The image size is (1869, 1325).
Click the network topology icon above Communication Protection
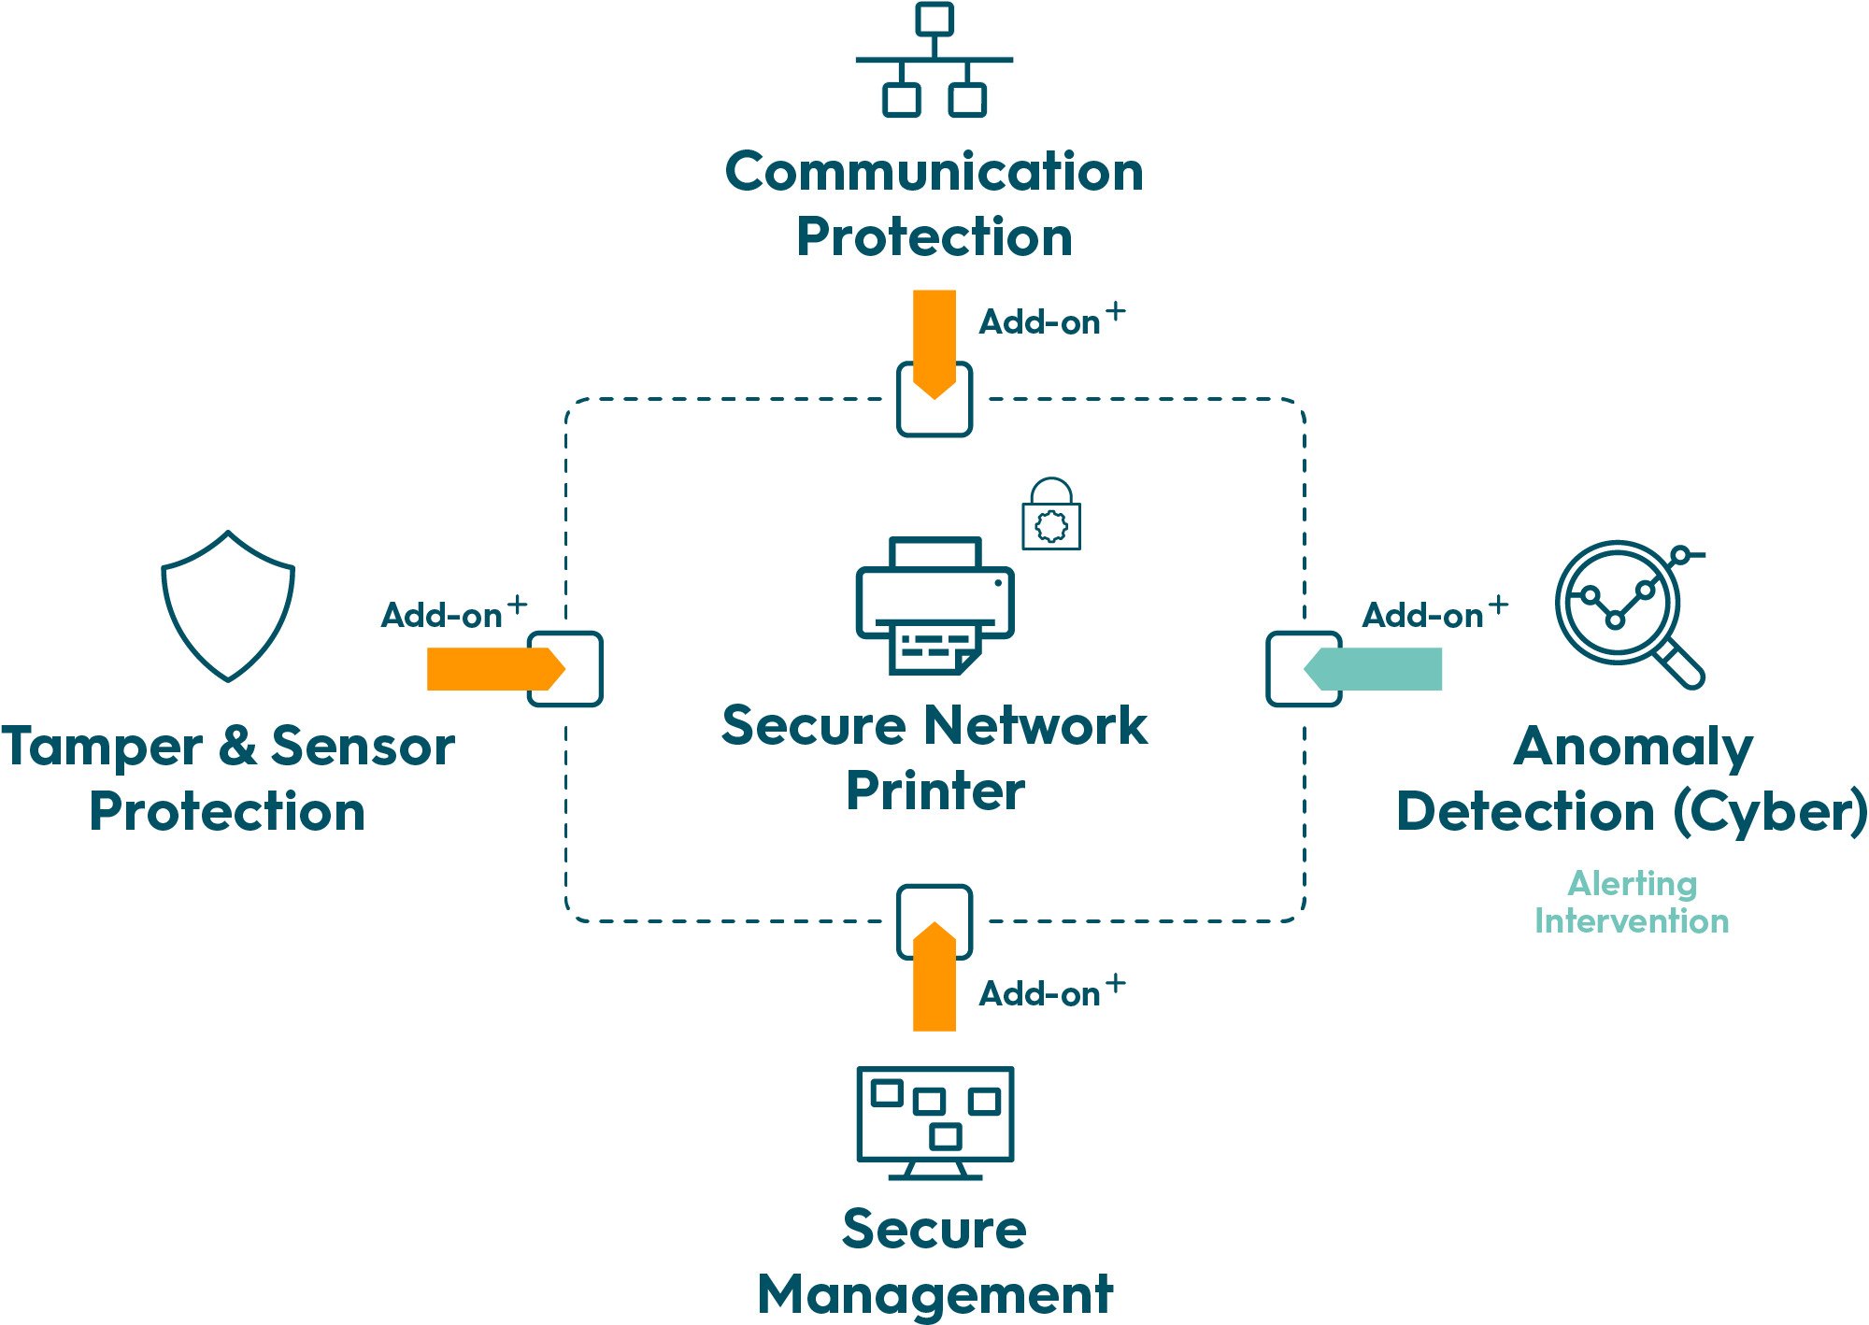(934, 60)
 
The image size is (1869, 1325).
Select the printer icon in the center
(934, 606)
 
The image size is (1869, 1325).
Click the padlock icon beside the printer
(1051, 514)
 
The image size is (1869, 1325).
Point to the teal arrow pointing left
(1373, 669)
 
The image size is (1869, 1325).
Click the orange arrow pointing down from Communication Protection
(934, 344)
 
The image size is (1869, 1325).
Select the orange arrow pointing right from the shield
(496, 669)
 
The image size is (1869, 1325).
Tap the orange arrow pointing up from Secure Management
(934, 976)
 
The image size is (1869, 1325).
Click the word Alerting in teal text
(1633, 884)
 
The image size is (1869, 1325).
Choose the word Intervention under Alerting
(1632, 921)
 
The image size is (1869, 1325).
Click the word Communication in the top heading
(934, 172)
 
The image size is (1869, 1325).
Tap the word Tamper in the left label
(102, 748)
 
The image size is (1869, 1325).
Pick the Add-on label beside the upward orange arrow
(1051, 990)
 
